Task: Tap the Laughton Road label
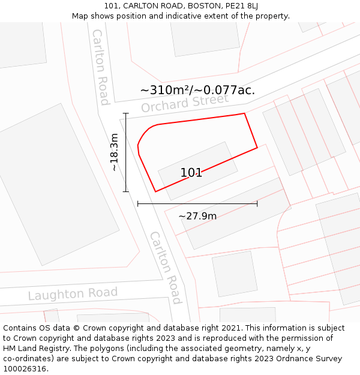[73, 294]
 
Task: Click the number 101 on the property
[191, 173]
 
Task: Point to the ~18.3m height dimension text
[114, 152]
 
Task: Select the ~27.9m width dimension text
[197, 216]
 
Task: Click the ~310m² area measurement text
[197, 90]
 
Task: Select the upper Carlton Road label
[100, 66]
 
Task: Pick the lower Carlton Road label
[166, 267]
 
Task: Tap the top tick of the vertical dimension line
[126, 113]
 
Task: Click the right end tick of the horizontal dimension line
[257, 204]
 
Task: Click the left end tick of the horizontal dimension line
[138, 204]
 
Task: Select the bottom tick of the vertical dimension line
[126, 192]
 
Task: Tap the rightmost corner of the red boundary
[257, 147]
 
